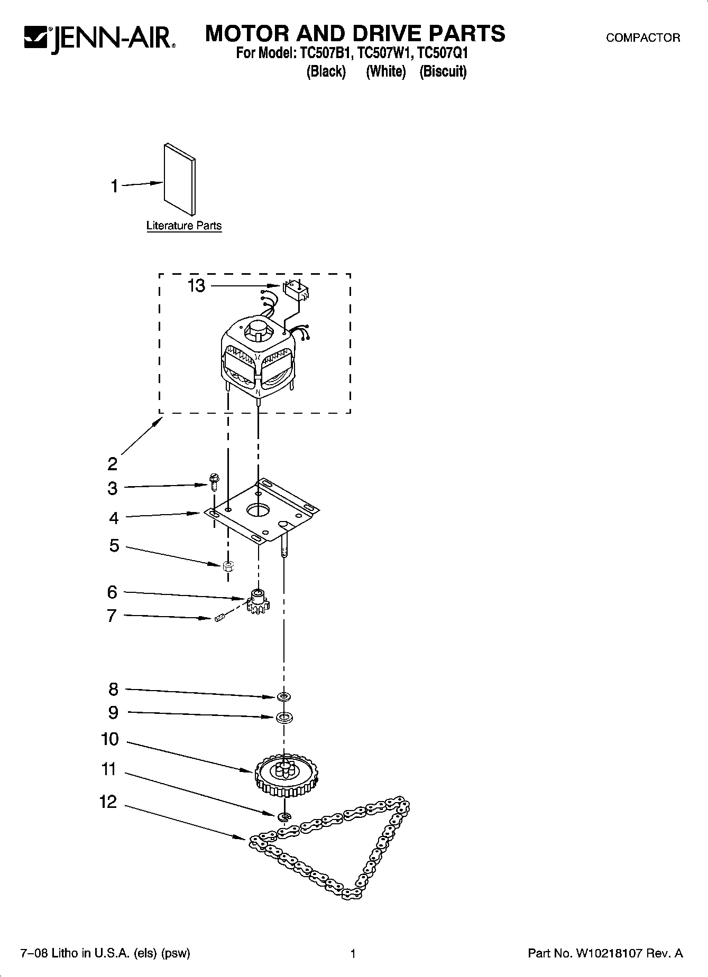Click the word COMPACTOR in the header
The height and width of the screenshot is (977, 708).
[x=643, y=38]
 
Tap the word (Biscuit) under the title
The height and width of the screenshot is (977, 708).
[x=443, y=71]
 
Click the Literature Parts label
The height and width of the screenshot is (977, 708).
[x=184, y=226]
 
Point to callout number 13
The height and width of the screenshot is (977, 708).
[x=196, y=286]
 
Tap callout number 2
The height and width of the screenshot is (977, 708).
[x=112, y=464]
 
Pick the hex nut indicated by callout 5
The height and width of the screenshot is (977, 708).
[x=228, y=567]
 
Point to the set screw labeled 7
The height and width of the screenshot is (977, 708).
[x=220, y=617]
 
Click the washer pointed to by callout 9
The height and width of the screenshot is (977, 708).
[x=284, y=718]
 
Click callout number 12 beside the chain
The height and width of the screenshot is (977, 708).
[x=108, y=802]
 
